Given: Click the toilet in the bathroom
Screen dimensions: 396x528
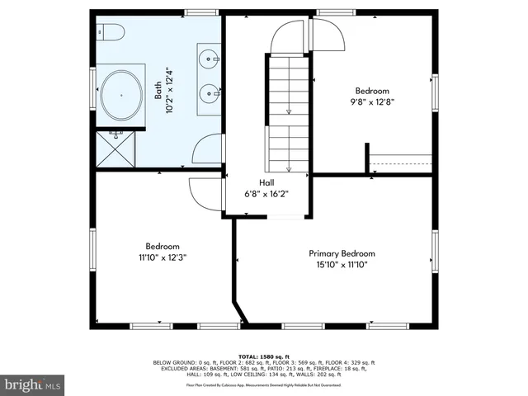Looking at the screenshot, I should click(x=110, y=31).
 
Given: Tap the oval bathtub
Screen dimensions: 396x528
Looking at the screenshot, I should click(x=122, y=96).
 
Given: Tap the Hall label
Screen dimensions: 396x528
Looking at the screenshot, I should click(x=267, y=183).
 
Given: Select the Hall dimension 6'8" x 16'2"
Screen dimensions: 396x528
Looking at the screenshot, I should click(x=267, y=194).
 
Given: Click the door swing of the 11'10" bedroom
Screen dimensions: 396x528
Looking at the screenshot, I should click(x=203, y=194).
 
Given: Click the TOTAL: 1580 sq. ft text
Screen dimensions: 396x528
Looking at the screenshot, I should click(x=264, y=356).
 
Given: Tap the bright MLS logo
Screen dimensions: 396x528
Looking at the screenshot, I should click(x=33, y=384).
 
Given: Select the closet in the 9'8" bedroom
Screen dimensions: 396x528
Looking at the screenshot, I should click(x=401, y=164).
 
